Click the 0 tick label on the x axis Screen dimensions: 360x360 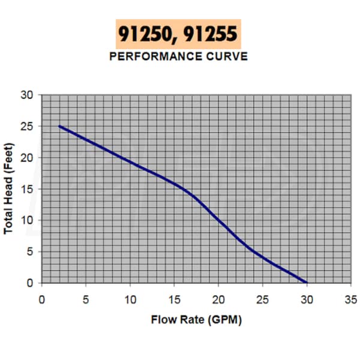pyautogui.click(x=41, y=298)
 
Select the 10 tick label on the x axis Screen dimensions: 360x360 pyautogui.click(x=130, y=298)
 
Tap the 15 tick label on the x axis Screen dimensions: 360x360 pyautogui.click(x=174, y=298)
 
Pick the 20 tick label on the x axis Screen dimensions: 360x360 pyautogui.click(x=218, y=298)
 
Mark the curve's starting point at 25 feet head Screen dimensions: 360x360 pyautogui.click(x=59, y=126)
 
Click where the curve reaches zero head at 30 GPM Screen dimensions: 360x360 pyautogui.click(x=307, y=283)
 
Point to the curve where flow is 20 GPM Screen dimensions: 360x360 pyautogui.click(x=218, y=220)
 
